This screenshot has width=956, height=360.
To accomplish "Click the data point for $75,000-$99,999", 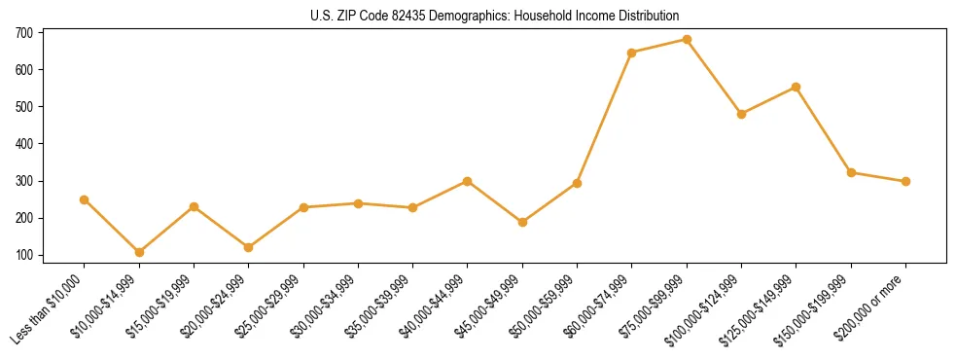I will [x=687, y=40].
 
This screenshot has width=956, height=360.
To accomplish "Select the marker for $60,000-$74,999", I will [x=632, y=53].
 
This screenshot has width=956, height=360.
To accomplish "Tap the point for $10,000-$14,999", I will [x=139, y=252].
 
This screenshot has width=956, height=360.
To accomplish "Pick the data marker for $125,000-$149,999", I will [x=797, y=87].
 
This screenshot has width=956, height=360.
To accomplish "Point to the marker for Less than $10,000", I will [x=85, y=199].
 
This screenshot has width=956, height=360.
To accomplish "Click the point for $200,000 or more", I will [x=905, y=181].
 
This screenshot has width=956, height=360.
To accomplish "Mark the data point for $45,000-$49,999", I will [x=522, y=222].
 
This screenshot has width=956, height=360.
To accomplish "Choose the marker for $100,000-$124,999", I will [x=741, y=114].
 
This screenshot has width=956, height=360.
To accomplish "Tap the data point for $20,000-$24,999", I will [x=249, y=247].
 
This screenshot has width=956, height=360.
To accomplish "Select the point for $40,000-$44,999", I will [x=468, y=181].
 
